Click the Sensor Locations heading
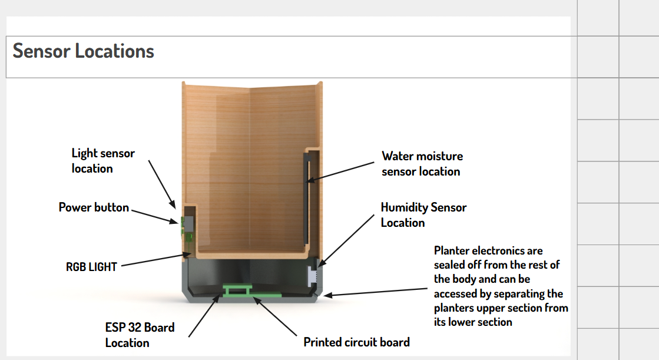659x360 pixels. click(x=84, y=51)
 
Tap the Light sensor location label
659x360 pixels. click(x=103, y=161)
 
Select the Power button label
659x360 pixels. click(x=94, y=207)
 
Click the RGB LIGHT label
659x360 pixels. click(x=91, y=267)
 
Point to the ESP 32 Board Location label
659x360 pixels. click(x=140, y=335)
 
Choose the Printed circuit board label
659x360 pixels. click(x=356, y=342)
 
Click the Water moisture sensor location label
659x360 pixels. click(x=422, y=164)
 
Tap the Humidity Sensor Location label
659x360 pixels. click(x=423, y=215)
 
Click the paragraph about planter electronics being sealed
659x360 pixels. click(x=501, y=286)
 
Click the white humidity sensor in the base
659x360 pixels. click(x=312, y=275)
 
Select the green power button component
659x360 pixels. click(x=183, y=223)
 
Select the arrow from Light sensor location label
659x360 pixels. click(x=162, y=183)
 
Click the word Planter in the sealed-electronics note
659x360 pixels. click(x=452, y=251)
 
